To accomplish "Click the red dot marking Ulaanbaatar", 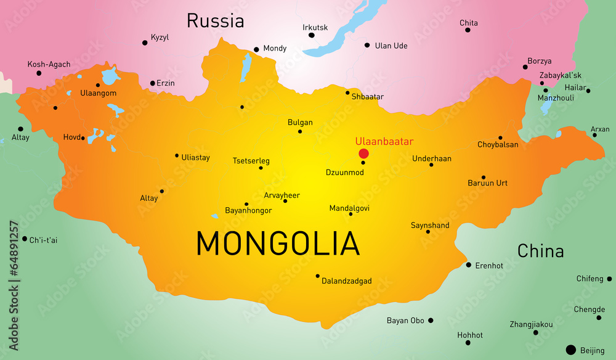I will (363, 153).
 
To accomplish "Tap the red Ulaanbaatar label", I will (384, 141).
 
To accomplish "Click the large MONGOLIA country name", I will (278, 243).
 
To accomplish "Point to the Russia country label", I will (216, 21).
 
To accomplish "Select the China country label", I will (540, 251).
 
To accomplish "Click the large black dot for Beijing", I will (570, 350).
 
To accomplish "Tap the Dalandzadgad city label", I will (347, 281).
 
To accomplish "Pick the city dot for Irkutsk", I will (312, 35).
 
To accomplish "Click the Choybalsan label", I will (498, 145).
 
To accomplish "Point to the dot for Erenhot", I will (469, 265).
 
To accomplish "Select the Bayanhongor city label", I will (248, 211).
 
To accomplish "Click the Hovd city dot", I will (83, 138).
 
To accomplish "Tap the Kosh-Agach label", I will (49, 64).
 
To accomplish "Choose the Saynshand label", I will (430, 226).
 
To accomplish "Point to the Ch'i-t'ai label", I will (43, 240).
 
